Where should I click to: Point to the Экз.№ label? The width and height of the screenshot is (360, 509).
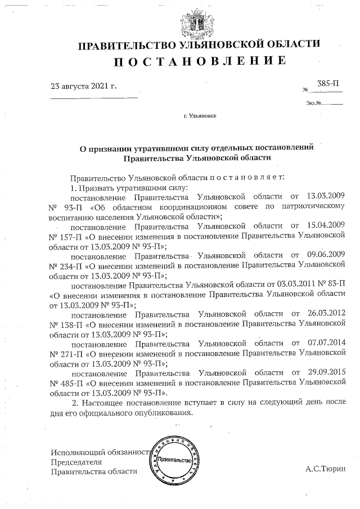[x=314, y=103]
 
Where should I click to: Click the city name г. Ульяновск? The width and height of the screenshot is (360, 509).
[x=199, y=116]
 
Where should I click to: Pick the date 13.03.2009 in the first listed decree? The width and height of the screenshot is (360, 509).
[x=325, y=197]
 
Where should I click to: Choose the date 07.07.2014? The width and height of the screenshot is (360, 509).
[x=325, y=343]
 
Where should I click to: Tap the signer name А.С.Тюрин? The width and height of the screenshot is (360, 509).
[x=326, y=468]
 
